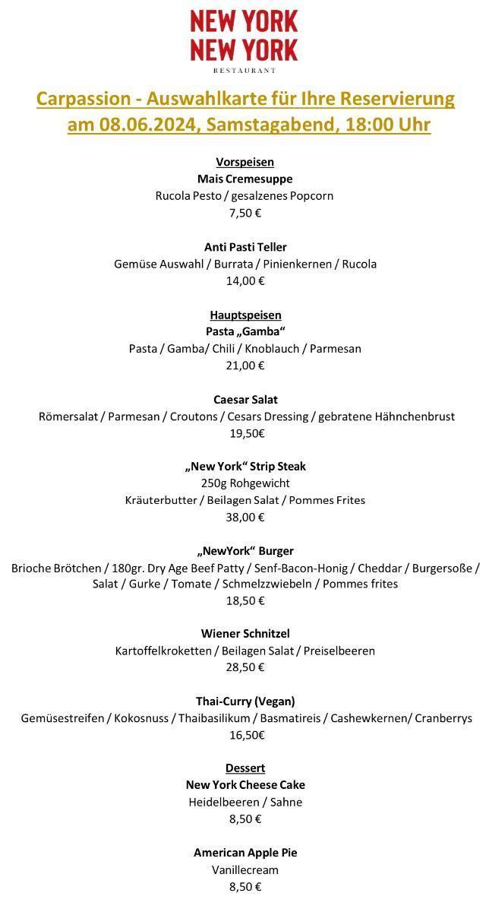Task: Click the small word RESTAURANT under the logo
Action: tap(245, 71)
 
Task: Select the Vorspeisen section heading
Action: tap(245, 162)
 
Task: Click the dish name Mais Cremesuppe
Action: tap(245, 179)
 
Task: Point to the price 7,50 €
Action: tap(245, 213)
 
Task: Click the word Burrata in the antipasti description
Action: tap(234, 264)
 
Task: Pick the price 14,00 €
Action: tap(245, 280)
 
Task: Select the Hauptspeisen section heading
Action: tap(245, 315)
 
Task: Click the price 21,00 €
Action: tap(245, 366)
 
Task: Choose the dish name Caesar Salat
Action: tap(245, 399)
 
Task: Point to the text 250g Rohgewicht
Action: tap(245, 483)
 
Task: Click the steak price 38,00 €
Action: tap(245, 518)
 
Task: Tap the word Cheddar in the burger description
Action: tap(379, 568)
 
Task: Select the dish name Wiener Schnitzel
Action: tap(245, 633)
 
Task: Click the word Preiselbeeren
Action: tap(339, 651)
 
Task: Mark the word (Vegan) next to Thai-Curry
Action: tap(274, 701)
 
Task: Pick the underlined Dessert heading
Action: tap(245, 768)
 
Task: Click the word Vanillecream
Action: tap(245, 869)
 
